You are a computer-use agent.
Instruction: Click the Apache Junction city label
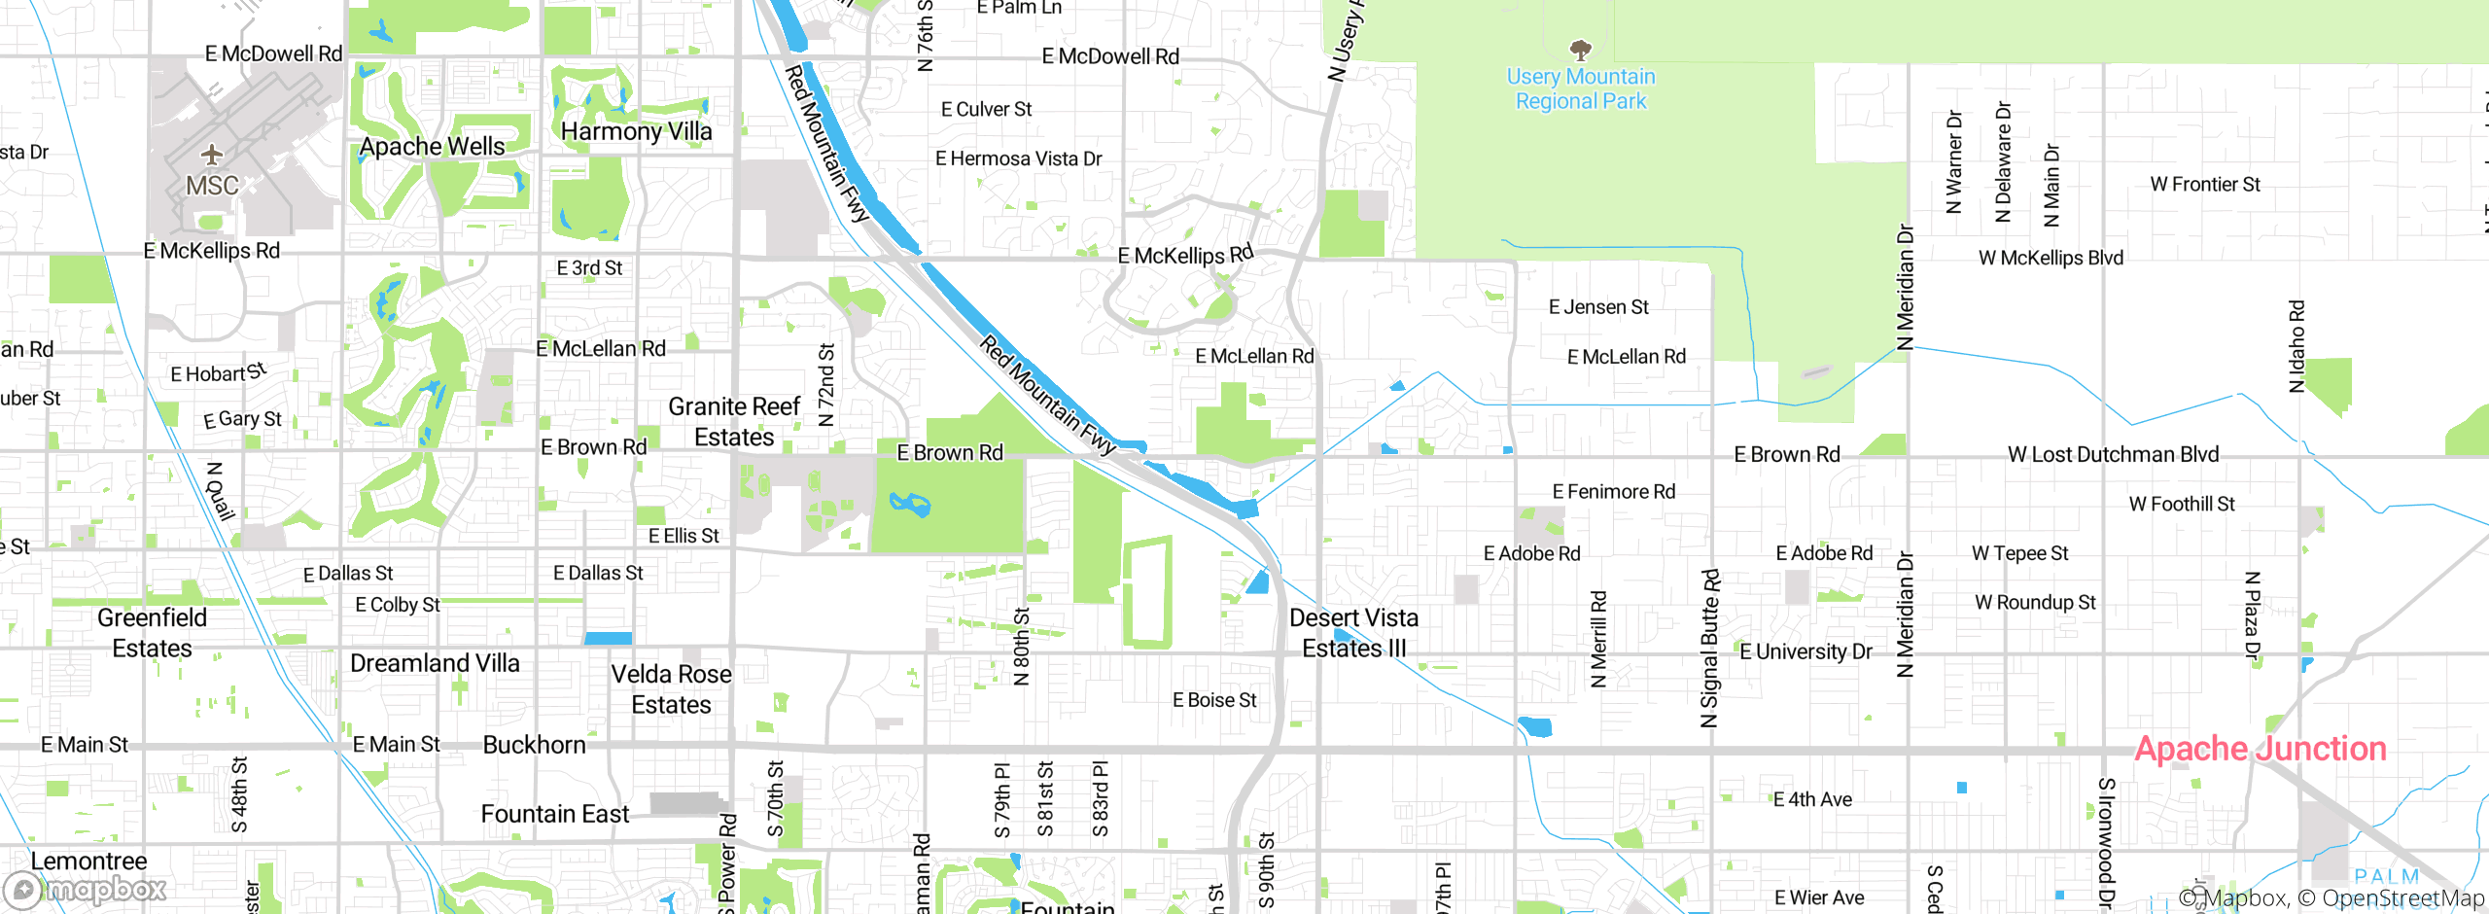point(2260,749)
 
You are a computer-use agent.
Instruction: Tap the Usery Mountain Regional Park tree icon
point(1581,50)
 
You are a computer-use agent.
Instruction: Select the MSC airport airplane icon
point(212,155)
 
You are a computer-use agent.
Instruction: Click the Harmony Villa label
point(636,131)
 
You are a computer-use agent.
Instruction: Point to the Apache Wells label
point(432,147)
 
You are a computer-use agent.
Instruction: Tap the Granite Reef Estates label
point(734,422)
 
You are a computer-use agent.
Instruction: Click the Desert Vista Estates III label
point(1353,633)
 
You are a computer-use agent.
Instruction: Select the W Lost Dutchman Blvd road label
point(2113,454)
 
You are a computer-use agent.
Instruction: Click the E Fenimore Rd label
point(1613,492)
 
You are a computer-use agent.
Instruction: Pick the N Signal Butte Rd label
point(1709,648)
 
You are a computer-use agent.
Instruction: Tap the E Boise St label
point(1213,700)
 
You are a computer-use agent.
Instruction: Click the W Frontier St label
point(2204,185)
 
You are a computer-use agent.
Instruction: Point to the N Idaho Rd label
point(2296,346)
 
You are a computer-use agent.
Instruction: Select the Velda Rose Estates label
point(671,689)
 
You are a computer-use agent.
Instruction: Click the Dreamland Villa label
point(435,663)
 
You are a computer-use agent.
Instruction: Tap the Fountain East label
point(554,814)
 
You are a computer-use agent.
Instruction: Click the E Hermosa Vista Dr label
point(1018,158)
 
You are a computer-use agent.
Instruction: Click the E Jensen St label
point(1597,307)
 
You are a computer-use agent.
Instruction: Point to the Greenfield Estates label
point(152,633)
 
